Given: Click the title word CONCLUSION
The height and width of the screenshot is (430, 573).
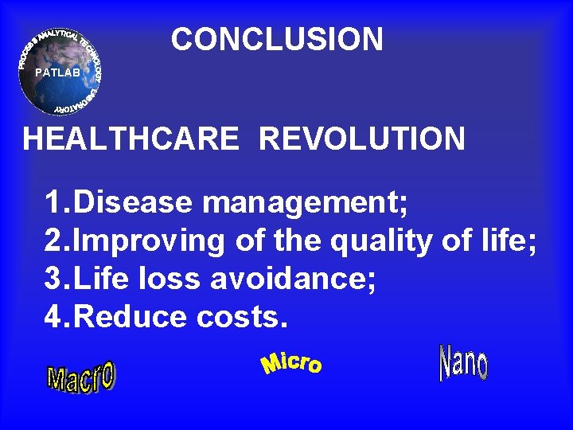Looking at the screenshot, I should pyautogui.click(x=277, y=39).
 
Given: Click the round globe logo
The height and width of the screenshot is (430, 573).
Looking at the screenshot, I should pyautogui.click(x=61, y=72).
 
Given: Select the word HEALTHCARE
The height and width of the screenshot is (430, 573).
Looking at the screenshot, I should pyautogui.click(x=131, y=139).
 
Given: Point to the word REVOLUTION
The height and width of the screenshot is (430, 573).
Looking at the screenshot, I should pyautogui.click(x=362, y=139).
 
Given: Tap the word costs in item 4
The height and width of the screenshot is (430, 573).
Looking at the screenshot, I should pyautogui.click(x=238, y=318).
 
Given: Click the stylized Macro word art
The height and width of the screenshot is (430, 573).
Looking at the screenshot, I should pyautogui.click(x=81, y=377).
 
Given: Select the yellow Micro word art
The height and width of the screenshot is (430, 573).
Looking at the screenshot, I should pyautogui.click(x=291, y=363).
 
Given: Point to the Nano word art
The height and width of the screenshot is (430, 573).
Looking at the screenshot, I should pyautogui.click(x=463, y=363).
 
